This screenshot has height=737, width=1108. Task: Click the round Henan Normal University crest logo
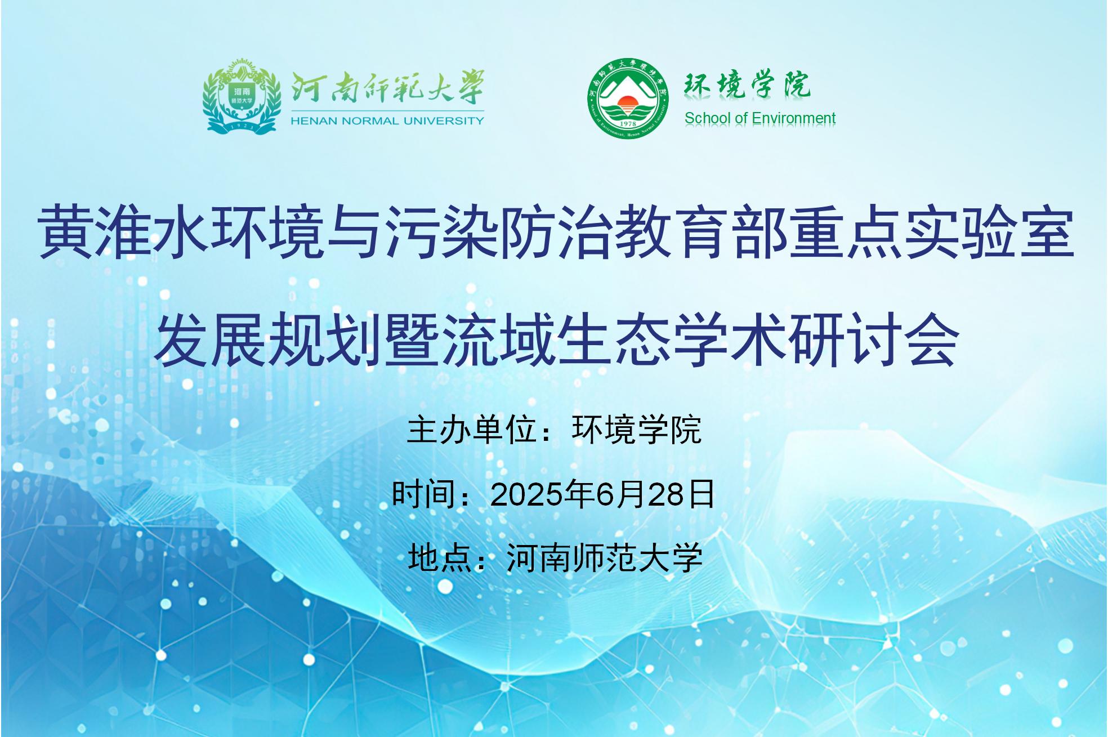click(242, 96)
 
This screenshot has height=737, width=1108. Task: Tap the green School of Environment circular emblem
click(628, 98)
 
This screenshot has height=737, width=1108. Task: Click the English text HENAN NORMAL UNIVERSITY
click(387, 120)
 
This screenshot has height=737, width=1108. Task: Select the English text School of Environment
click(759, 118)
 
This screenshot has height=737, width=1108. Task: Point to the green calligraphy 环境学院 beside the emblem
click(747, 86)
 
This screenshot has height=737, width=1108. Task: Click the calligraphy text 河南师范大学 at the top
click(387, 87)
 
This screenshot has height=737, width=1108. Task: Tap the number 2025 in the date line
click(526, 495)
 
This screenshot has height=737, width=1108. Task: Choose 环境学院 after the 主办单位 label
click(636, 431)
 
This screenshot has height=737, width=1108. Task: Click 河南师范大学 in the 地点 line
click(604, 559)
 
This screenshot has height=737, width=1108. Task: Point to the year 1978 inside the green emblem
click(627, 123)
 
